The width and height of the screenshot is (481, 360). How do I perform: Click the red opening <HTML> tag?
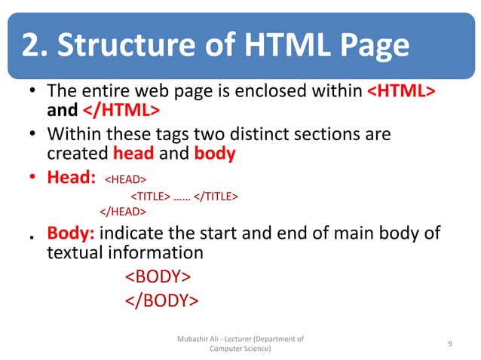[401, 92]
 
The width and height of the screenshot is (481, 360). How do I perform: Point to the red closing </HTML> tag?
[120, 111]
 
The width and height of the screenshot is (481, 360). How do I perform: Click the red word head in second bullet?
[133, 154]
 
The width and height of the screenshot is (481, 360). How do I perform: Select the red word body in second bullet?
[215, 154]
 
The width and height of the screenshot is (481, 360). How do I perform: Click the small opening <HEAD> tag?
[124, 180]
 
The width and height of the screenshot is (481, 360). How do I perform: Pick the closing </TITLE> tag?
[216, 197]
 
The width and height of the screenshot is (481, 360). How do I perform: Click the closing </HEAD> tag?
[122, 212]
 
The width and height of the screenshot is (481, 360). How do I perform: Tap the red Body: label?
[72, 233]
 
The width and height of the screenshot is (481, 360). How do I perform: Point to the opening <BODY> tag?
[158, 276]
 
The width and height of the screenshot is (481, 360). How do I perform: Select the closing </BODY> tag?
[161, 301]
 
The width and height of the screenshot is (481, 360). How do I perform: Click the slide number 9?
[449, 344]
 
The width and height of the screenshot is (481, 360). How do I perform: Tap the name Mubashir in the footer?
[192, 339]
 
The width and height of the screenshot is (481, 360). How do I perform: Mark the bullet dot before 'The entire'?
[31, 93]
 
